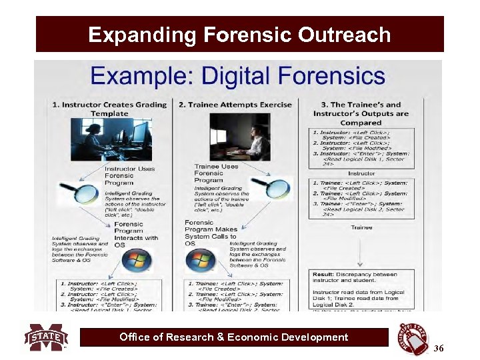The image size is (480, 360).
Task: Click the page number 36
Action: tap(438, 348)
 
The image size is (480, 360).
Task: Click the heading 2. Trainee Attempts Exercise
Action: tap(235, 105)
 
